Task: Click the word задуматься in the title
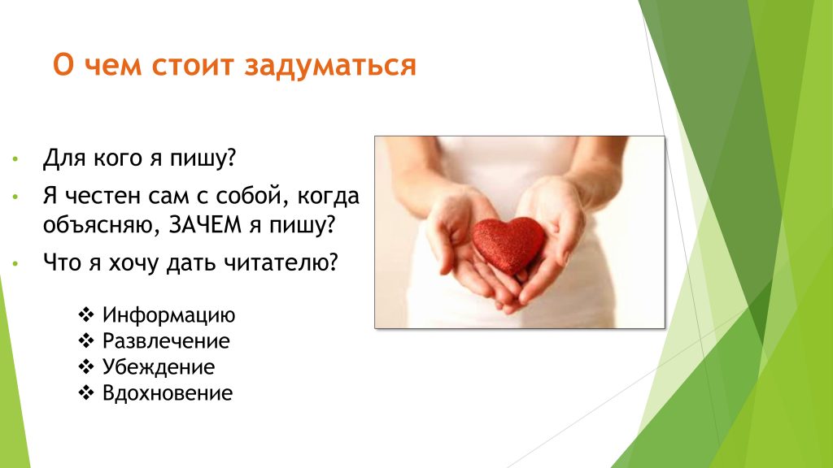(x=330, y=67)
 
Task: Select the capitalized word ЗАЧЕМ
(x=205, y=225)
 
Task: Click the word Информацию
(x=168, y=315)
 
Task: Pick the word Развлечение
(x=166, y=341)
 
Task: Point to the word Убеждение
(x=159, y=367)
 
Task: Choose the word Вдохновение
(x=168, y=393)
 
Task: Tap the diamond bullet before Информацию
(x=86, y=314)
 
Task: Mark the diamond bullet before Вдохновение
(x=86, y=392)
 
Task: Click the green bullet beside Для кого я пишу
(x=15, y=158)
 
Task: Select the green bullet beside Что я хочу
(x=15, y=262)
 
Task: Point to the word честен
(x=102, y=197)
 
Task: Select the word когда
(x=329, y=197)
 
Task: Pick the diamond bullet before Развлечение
(x=86, y=340)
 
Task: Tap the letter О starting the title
(x=63, y=66)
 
